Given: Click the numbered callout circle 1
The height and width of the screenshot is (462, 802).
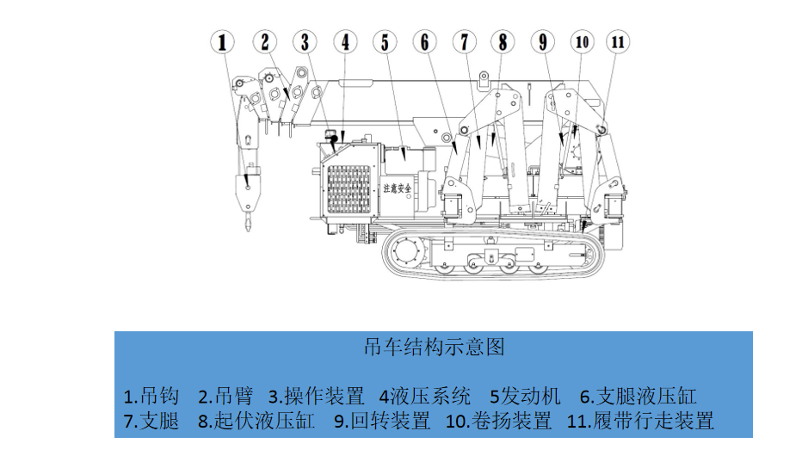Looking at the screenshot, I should [x=224, y=41].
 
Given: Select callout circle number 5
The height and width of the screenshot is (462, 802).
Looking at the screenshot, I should [x=385, y=41].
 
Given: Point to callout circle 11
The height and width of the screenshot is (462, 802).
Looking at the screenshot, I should [x=617, y=41].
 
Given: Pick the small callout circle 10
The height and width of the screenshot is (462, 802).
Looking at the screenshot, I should [x=583, y=41].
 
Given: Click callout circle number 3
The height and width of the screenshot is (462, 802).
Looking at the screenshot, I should [x=304, y=41].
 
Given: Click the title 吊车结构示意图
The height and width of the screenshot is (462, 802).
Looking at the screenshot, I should [x=434, y=347].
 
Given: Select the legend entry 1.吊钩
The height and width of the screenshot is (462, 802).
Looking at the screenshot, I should [x=151, y=397].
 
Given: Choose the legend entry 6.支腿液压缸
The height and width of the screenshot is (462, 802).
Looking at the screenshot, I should [x=638, y=397].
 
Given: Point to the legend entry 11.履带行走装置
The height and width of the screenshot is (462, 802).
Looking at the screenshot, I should [x=640, y=422].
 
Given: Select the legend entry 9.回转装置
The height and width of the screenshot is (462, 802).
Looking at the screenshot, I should [x=382, y=422].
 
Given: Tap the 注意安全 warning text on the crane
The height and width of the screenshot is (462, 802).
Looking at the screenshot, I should [x=397, y=187].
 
